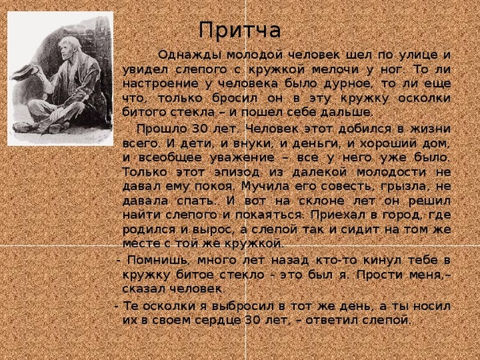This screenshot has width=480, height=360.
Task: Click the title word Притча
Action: point(240,31)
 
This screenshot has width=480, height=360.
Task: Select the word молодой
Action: point(255,56)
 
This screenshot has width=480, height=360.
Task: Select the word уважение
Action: point(242,158)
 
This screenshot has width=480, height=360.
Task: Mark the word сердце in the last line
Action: point(219,320)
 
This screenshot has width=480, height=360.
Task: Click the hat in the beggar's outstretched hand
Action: point(25,72)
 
